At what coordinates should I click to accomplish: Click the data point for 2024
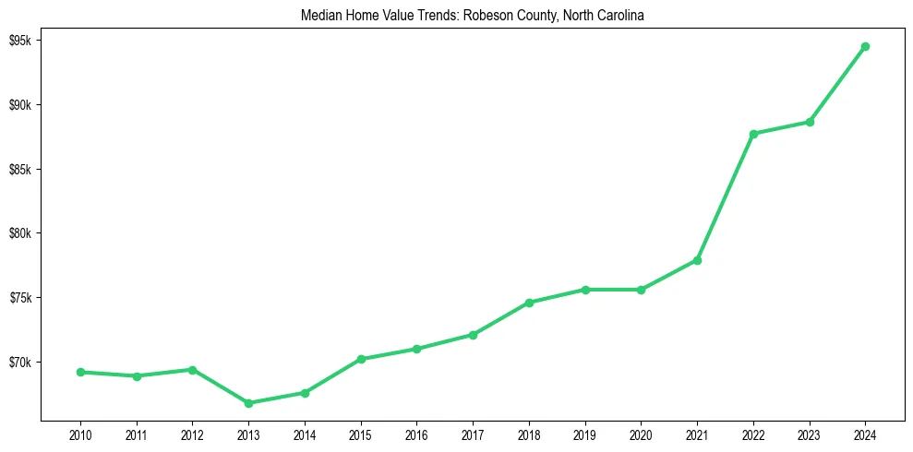[865, 46]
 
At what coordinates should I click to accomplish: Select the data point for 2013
[248, 403]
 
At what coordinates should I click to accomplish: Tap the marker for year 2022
[753, 134]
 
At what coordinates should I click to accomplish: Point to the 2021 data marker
[697, 260]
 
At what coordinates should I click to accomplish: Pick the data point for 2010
[80, 372]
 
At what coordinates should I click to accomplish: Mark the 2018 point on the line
[529, 303]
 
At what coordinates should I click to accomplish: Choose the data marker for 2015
[361, 359]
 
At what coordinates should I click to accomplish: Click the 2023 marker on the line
[810, 122]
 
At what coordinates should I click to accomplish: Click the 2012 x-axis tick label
[192, 434]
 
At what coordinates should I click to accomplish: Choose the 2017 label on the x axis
[473, 434]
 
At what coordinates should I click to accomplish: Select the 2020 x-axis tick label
[641, 434]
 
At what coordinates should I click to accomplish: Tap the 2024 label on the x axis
[865, 434]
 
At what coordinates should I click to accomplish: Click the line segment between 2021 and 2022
[726, 196]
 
